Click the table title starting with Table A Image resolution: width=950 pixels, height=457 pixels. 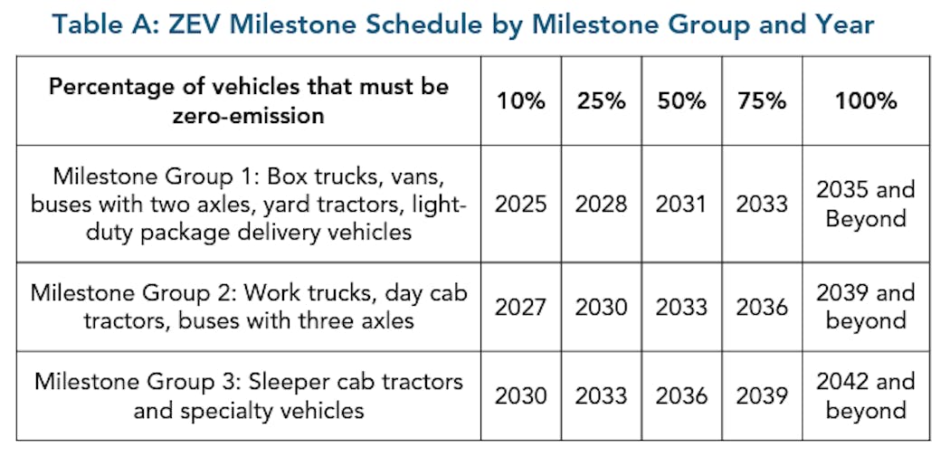[x=463, y=24]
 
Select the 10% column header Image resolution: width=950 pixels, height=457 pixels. [x=521, y=101]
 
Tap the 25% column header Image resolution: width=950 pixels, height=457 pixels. [x=602, y=101]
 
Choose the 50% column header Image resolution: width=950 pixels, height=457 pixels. [x=680, y=101]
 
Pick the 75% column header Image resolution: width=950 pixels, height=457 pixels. [x=762, y=101]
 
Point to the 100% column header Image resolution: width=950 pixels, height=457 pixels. [x=866, y=101]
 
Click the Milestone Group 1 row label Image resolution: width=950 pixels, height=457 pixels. [x=248, y=204]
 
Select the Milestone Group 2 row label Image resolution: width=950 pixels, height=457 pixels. [x=248, y=307]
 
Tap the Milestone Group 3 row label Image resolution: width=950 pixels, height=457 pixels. [x=248, y=395]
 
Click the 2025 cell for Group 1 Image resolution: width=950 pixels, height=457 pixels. [x=521, y=204]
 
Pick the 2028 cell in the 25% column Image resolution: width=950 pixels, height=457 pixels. [x=602, y=204]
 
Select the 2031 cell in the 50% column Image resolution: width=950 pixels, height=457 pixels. [x=680, y=204]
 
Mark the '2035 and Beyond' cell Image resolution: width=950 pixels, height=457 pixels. [x=866, y=204]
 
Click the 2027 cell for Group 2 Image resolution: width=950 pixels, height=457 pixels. [x=521, y=307]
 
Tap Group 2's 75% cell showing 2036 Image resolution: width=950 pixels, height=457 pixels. [x=762, y=307]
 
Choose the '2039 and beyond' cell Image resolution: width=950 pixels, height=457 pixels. [x=866, y=307]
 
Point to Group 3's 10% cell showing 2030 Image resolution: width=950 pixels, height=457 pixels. [x=521, y=395]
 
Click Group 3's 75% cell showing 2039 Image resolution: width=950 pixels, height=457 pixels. [x=762, y=395]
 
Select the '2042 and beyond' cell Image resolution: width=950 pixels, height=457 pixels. [x=866, y=395]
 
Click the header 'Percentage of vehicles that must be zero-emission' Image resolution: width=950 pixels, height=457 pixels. [x=248, y=101]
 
